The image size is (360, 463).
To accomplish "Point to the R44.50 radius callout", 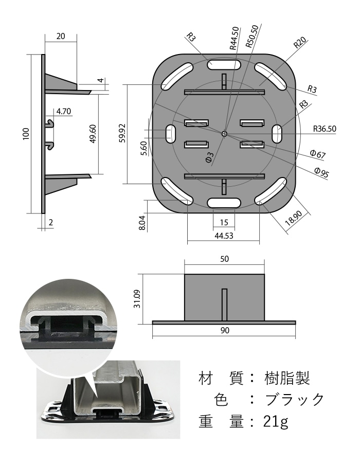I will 234,38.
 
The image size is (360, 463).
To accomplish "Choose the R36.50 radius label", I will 325,129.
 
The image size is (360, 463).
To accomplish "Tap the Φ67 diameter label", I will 319,154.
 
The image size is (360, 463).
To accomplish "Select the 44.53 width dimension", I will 224,236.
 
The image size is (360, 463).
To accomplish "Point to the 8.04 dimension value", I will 143,222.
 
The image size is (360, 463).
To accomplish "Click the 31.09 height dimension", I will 137,298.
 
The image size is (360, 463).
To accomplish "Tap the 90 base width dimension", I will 224,330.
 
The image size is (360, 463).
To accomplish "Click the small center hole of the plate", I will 224,133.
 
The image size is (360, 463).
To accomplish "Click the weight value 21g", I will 276,422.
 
